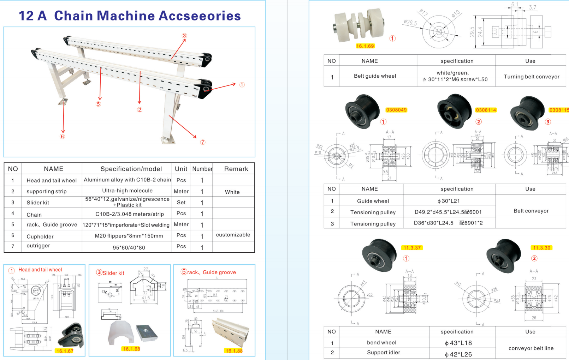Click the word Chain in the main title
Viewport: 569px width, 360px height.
75,16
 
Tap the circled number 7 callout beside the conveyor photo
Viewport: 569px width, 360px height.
203,142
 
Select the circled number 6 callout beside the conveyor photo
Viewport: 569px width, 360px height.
63,137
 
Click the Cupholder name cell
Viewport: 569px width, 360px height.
40,236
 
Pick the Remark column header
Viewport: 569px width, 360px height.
236,169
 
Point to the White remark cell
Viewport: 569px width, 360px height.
232,192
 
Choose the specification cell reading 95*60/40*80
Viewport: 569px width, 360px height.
129,247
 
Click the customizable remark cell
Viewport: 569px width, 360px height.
233,235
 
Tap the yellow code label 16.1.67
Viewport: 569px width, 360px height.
65,351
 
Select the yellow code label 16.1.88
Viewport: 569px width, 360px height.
234,351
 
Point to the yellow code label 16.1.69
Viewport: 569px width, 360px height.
365,46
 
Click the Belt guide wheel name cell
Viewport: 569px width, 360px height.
375,76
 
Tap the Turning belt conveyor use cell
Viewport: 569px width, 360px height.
531,77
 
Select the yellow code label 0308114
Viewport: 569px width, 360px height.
486,110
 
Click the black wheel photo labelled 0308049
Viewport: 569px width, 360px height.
362,111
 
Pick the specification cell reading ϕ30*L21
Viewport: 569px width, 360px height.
449,201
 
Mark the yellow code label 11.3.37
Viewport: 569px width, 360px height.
412,248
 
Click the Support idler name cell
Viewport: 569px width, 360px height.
383,352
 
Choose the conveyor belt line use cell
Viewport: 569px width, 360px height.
531,348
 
